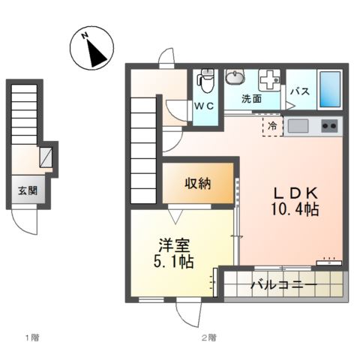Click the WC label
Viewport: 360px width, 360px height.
(205, 106)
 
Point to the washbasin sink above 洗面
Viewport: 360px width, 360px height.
(235, 78)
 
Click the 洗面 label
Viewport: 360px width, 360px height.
(250, 98)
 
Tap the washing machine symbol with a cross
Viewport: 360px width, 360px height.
(268, 80)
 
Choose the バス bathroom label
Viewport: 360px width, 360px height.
(301, 91)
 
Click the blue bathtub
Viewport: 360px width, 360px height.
(329, 88)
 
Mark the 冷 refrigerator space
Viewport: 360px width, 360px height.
(272, 126)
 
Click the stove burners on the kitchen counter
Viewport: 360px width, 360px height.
(328, 125)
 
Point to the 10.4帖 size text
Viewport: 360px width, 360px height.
(295, 209)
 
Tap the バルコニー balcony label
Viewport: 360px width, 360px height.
(283, 286)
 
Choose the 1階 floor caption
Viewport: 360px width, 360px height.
(30, 338)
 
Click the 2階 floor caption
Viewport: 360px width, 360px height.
(208, 338)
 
